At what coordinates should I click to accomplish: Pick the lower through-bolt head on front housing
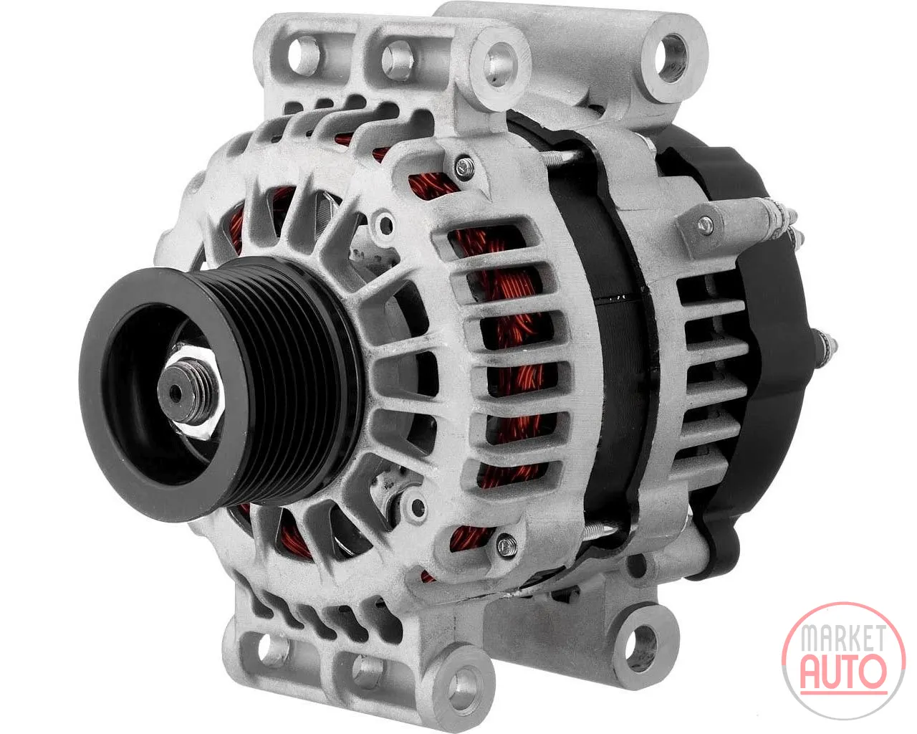tap(506, 545)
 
